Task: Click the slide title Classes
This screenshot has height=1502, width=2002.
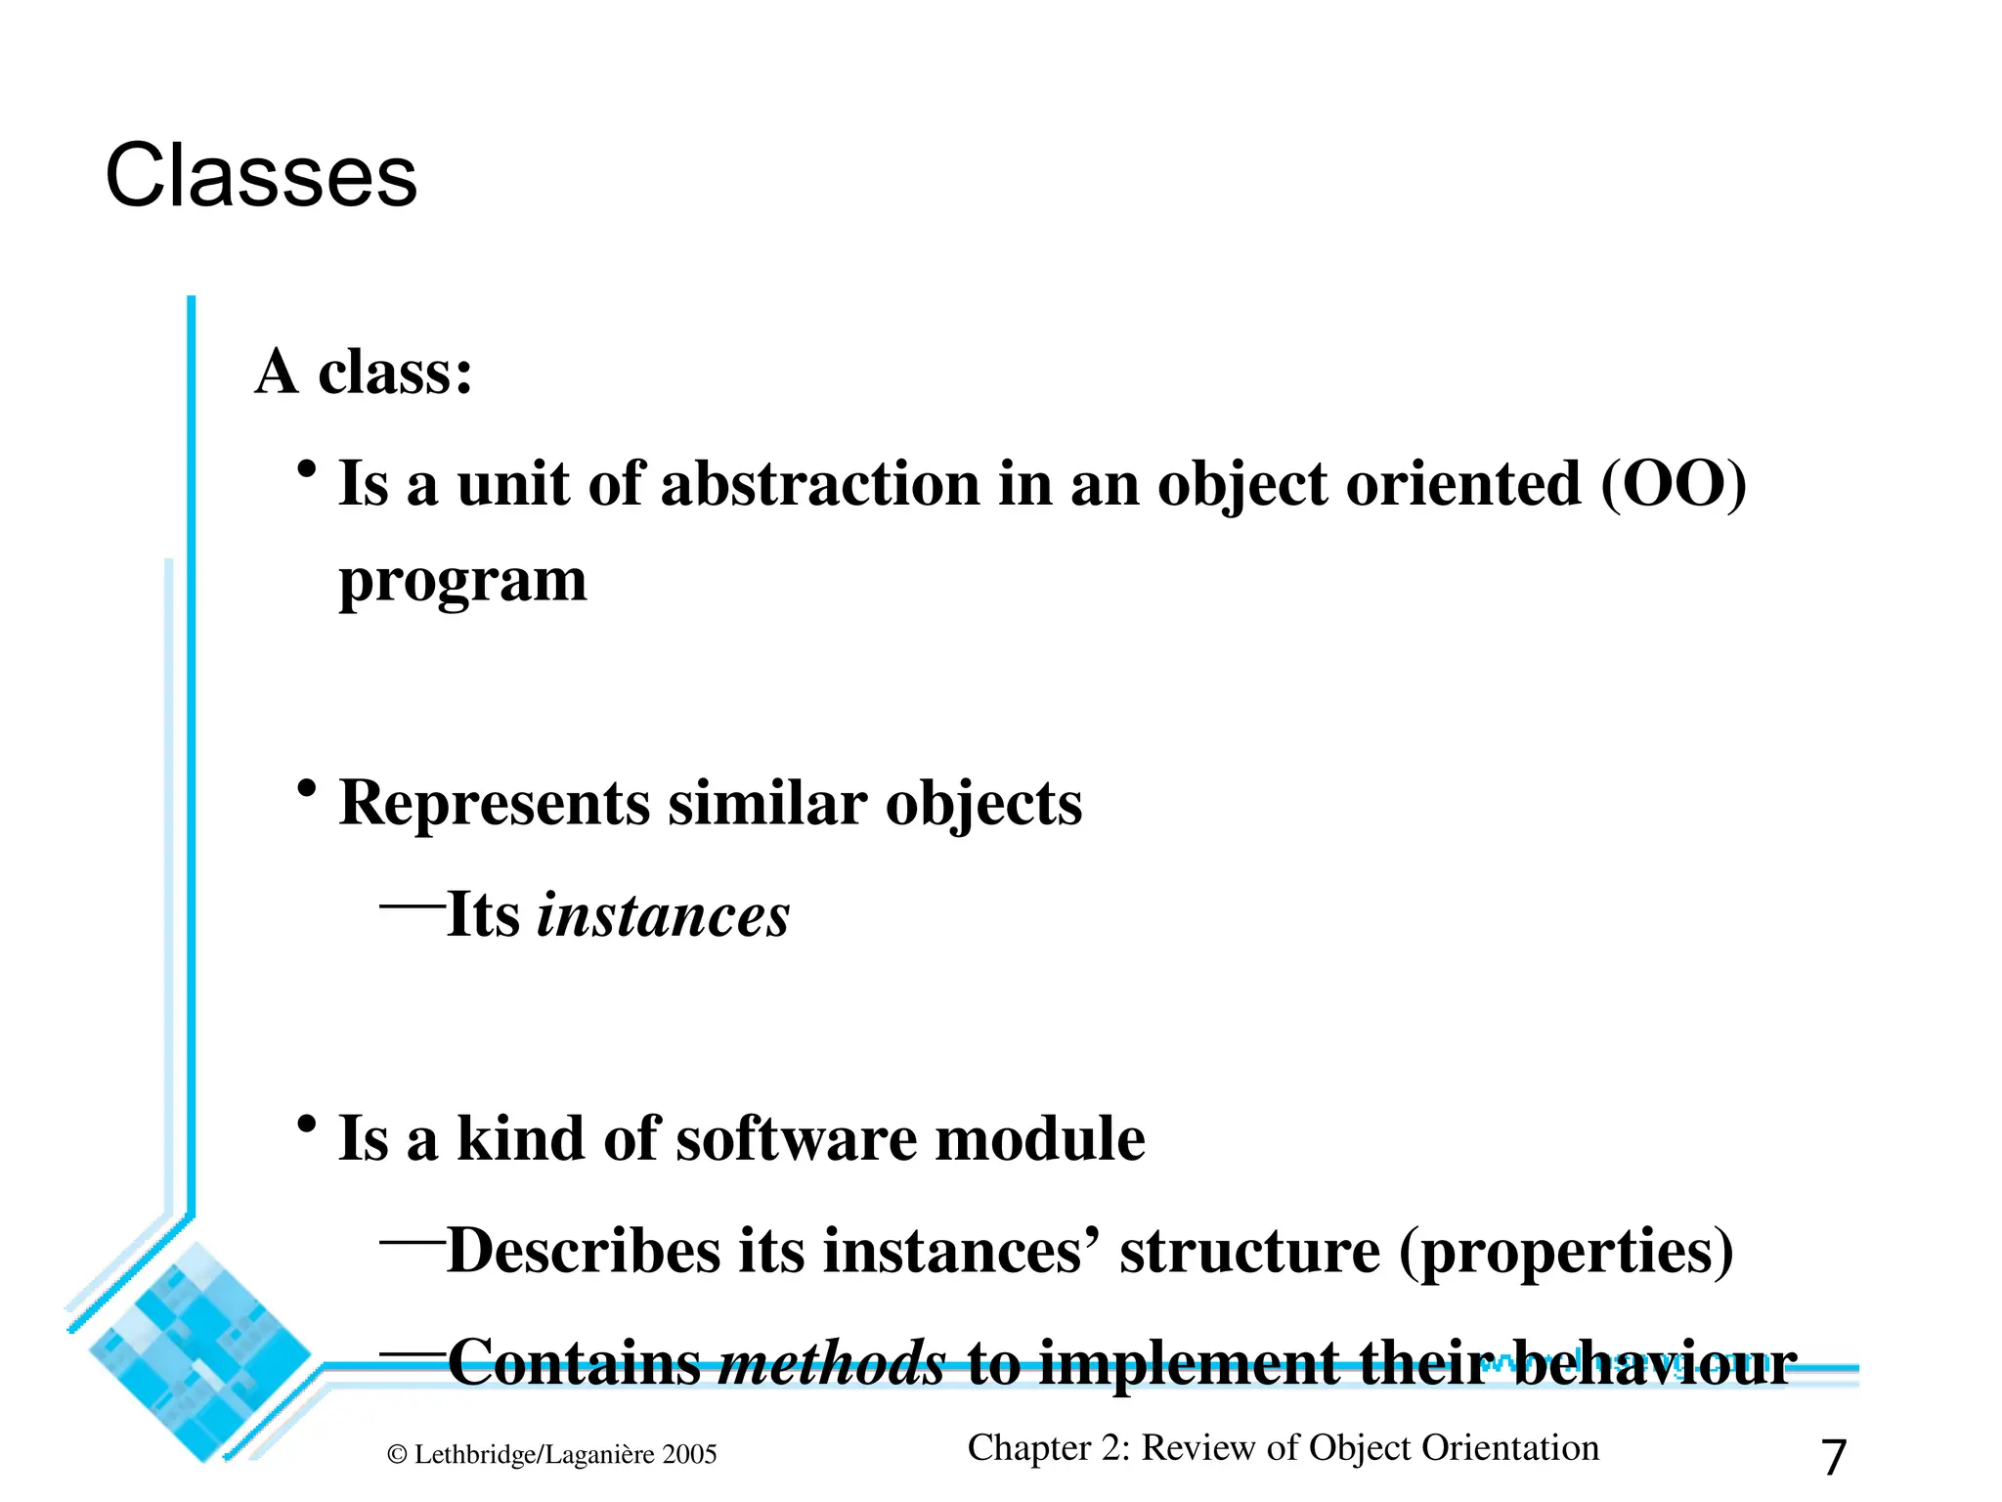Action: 261,176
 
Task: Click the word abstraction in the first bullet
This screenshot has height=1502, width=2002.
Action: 820,484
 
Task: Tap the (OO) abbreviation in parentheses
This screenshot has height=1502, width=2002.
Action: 1673,484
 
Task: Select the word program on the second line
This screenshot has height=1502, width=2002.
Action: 462,582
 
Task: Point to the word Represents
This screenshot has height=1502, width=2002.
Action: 494,804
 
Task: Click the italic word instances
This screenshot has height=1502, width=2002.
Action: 663,916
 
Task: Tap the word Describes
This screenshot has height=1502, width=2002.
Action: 583,1251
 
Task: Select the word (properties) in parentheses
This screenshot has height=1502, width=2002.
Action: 1566,1253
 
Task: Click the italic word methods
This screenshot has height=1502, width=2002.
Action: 832,1363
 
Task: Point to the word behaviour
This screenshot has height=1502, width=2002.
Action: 1655,1363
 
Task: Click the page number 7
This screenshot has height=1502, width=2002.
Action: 1833,1457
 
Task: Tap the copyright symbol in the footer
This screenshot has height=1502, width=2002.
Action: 397,1455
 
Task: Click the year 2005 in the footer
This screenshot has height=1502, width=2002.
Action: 689,1455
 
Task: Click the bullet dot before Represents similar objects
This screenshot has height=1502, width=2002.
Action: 307,787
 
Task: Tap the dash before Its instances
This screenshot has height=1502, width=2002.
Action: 412,906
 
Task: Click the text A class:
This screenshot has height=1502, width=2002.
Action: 364,373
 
